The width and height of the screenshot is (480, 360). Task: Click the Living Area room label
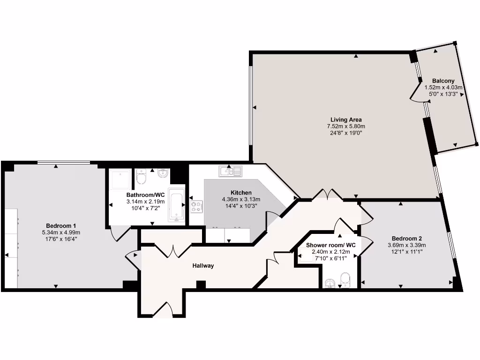(x=346, y=120)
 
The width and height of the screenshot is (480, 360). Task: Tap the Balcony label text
(x=443, y=81)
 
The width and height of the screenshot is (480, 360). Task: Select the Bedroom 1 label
(x=61, y=225)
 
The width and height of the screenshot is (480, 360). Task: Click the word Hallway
(x=203, y=266)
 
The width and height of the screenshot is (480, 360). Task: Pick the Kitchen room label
(x=241, y=193)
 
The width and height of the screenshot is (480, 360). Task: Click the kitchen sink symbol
(x=230, y=172)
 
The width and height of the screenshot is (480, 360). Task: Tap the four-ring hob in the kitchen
(x=196, y=207)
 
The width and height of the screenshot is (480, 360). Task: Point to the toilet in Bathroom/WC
(x=141, y=177)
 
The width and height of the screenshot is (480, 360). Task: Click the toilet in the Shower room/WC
(x=345, y=279)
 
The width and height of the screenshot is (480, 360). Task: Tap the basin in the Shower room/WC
(x=330, y=283)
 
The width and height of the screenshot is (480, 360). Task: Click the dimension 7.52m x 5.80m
(x=346, y=127)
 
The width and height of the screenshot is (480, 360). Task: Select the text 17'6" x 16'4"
(x=61, y=239)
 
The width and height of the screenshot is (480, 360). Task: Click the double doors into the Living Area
(x=328, y=195)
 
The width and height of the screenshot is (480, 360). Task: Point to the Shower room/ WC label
(x=331, y=245)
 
